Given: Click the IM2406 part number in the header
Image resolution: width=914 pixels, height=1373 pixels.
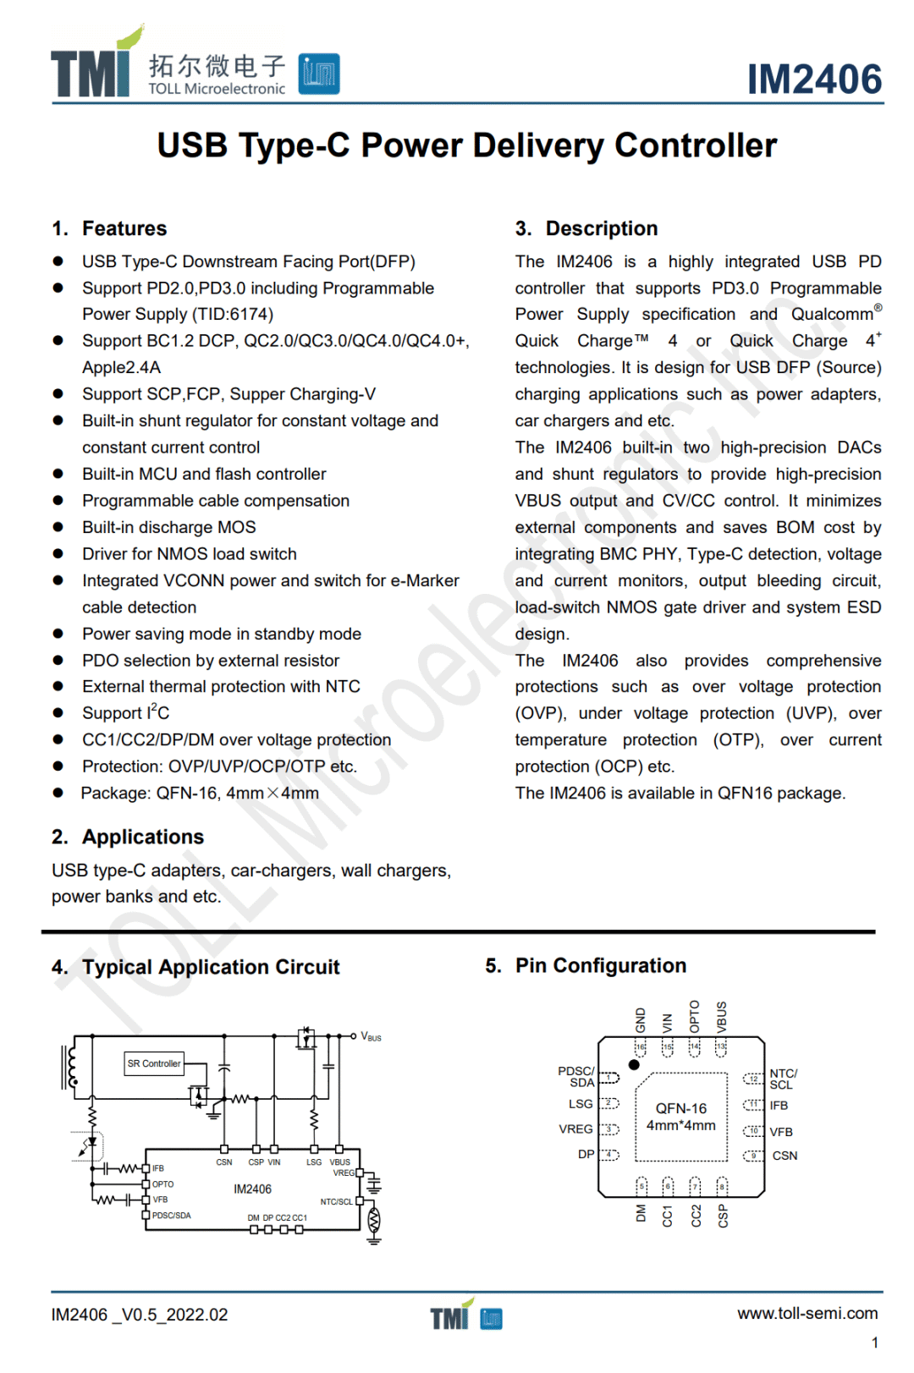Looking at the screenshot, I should pyautogui.click(x=814, y=80).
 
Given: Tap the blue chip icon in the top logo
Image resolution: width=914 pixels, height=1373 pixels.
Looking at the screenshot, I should pyautogui.click(x=319, y=74).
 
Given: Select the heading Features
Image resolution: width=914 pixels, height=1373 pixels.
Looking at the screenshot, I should pyautogui.click(x=124, y=228).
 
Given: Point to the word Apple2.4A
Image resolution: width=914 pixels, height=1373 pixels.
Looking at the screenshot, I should pyautogui.click(x=121, y=368).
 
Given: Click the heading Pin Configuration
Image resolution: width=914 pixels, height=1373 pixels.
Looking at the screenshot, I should pyautogui.click(x=601, y=966).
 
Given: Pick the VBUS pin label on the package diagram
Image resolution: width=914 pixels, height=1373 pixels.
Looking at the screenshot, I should pyautogui.click(x=722, y=1016).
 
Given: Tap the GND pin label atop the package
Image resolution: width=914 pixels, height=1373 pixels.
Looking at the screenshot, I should pyautogui.click(x=641, y=1019).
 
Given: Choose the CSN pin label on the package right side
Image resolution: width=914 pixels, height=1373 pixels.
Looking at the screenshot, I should pyautogui.click(x=785, y=1156).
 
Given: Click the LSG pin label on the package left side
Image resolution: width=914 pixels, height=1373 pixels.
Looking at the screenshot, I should pyautogui.click(x=581, y=1104).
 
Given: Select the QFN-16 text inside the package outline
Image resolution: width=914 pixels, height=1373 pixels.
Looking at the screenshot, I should pyautogui.click(x=681, y=1108).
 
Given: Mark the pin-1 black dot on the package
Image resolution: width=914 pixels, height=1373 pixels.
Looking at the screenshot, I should pyautogui.click(x=634, y=1064).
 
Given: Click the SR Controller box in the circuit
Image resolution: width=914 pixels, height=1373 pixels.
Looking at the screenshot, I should pyautogui.click(x=154, y=1063).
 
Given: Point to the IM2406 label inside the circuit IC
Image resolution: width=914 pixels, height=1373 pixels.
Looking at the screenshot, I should pyautogui.click(x=252, y=1189).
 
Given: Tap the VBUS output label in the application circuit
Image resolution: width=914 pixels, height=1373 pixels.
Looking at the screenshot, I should pyautogui.click(x=371, y=1036).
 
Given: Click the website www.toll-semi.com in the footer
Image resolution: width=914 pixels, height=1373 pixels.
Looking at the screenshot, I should pyautogui.click(x=807, y=1314).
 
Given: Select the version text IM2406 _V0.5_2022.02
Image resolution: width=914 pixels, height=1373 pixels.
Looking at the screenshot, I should pyautogui.click(x=140, y=1315).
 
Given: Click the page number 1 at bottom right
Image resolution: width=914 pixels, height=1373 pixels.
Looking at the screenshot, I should pyautogui.click(x=874, y=1343).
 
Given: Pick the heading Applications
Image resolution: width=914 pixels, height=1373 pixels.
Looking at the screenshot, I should pyautogui.click(x=143, y=837).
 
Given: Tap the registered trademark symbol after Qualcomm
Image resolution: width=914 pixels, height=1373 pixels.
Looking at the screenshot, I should pyautogui.click(x=878, y=308).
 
